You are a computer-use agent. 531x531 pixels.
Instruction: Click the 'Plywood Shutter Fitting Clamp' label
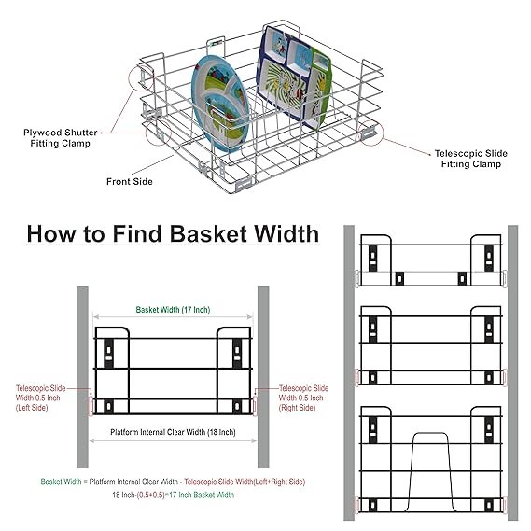[61, 138]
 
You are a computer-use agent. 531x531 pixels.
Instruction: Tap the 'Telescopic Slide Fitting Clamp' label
[471, 159]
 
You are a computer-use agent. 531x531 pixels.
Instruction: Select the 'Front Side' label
[130, 182]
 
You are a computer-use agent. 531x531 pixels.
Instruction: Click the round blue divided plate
[220, 104]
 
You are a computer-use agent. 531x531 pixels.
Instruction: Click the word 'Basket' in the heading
[208, 234]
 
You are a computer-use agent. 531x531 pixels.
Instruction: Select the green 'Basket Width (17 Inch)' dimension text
[173, 310]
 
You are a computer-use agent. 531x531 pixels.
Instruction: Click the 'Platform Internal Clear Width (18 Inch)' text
[173, 432]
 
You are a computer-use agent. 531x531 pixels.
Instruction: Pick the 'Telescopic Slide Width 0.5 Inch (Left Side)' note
[40, 398]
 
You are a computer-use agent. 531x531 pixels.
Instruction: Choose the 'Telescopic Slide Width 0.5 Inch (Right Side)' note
[303, 398]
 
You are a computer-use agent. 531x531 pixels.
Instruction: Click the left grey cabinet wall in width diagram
[82, 377]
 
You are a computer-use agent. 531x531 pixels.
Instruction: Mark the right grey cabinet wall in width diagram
[263, 377]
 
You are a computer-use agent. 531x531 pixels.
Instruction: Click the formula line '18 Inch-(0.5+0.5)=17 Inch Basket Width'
[173, 495]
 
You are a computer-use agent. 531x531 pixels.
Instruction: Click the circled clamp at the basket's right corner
[370, 133]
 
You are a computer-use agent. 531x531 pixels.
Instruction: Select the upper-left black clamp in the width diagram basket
[108, 353]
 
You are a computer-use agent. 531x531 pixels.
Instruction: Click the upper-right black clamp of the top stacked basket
[489, 259]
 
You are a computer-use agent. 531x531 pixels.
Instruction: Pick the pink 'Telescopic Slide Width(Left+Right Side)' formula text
[245, 482]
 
